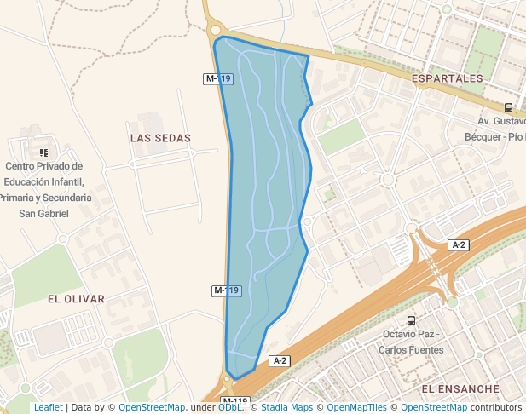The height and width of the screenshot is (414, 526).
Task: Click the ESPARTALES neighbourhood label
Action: (447, 78)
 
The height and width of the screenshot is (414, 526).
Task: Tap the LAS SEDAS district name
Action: (160, 137)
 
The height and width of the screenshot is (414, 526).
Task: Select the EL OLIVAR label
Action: (76, 299)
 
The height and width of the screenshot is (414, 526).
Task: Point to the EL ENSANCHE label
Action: (460, 388)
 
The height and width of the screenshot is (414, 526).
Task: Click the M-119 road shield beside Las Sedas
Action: (218, 78)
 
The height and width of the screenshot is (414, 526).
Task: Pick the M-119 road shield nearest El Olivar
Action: (227, 290)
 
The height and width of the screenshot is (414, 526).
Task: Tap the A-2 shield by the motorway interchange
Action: (459, 245)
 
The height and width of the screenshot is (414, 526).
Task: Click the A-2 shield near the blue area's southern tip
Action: (280, 360)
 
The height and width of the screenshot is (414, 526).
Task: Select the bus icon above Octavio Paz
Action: (412, 321)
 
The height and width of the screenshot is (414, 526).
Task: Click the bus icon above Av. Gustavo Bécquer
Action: (509, 108)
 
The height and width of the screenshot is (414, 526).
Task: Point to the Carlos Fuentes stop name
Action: (413, 349)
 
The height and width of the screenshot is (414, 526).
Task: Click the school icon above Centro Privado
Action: (43, 152)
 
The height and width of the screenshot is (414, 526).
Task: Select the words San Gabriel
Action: (43, 213)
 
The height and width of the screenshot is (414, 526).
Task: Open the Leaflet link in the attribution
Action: (48, 408)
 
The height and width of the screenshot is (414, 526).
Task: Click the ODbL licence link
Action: (229, 408)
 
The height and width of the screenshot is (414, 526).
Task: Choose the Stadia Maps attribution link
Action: (287, 408)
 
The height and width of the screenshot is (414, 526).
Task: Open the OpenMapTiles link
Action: (358, 408)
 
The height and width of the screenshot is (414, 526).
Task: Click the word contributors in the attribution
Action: (496, 408)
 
